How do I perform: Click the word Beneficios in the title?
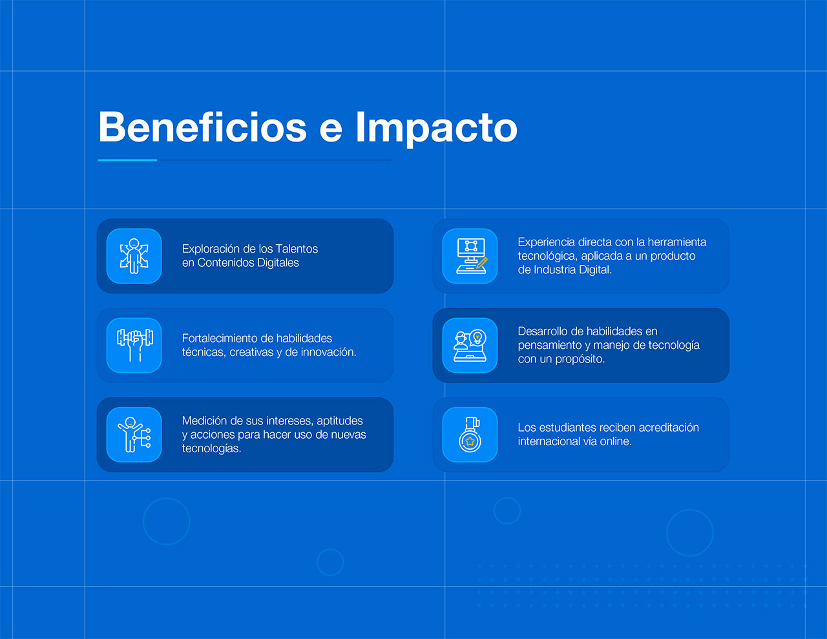tap(202, 127)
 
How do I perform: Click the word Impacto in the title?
tap(436, 129)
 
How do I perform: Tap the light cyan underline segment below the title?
tap(127, 160)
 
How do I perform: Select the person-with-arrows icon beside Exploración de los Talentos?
tap(134, 256)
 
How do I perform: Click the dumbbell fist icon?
tap(135, 345)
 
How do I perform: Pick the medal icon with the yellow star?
tap(470, 435)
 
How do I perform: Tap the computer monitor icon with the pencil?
tap(471, 256)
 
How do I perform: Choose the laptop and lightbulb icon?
tap(470, 345)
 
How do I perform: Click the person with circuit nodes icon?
tap(134, 435)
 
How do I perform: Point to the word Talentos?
tap(297, 249)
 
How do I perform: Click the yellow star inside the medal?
tap(470, 441)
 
